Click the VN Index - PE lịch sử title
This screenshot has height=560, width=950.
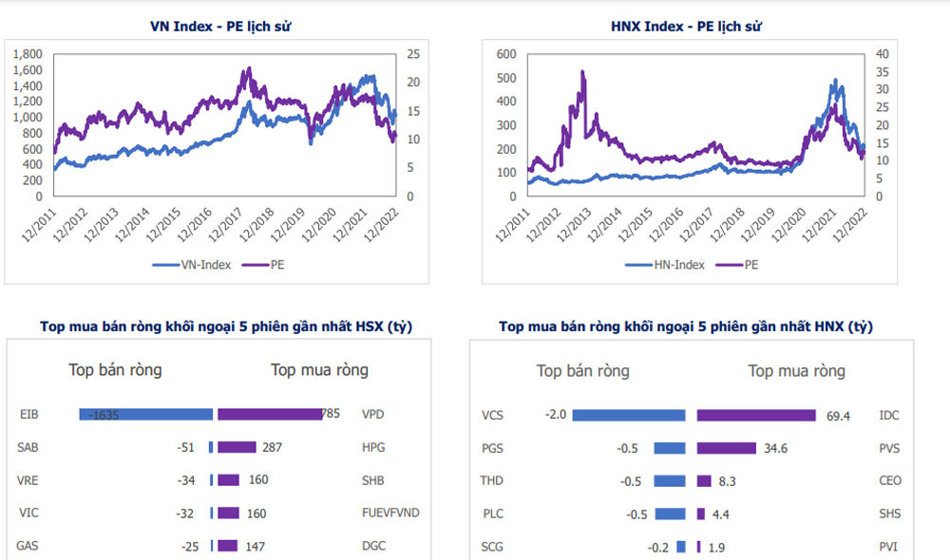tap(220, 26)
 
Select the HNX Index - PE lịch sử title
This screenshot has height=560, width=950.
tap(686, 26)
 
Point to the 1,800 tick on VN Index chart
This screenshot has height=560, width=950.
tap(28, 54)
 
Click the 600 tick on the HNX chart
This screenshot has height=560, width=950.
tap(505, 54)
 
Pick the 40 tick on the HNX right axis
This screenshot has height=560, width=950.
tap(882, 54)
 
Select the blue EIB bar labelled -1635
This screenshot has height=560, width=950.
tap(145, 415)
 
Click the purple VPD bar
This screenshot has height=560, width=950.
tap(271, 415)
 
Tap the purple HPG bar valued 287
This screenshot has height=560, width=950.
tap(237, 447)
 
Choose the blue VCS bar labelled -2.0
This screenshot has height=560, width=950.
tap(628, 415)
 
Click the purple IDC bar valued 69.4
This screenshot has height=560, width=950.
tap(756, 415)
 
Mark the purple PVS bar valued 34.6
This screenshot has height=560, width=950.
tap(726, 448)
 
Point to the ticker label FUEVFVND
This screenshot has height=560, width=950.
tap(390, 513)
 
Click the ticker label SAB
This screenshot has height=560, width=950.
tap(28, 447)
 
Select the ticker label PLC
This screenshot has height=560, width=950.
tap(492, 514)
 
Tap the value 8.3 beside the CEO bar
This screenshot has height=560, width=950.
tap(727, 481)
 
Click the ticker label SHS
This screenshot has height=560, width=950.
tap(890, 514)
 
